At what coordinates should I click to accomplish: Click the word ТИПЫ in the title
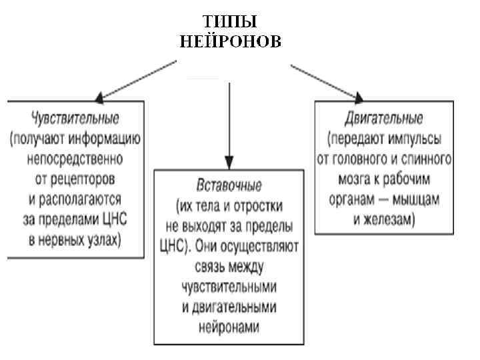coord(231,22)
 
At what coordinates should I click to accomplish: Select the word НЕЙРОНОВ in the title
coord(231,41)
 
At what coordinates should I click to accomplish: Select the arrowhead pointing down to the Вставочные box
coord(229,162)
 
